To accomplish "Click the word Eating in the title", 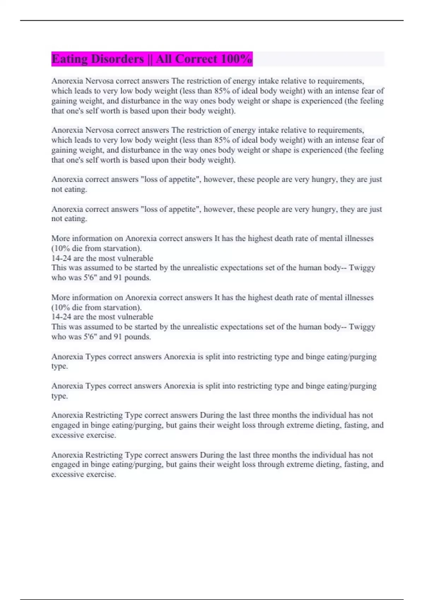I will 69,59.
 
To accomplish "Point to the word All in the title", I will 164,59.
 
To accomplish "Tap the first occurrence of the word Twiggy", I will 362,268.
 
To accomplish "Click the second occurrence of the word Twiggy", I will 362,327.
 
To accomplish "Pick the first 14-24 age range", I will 61,258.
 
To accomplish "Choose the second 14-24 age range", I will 61,317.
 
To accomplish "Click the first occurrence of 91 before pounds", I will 118,278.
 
